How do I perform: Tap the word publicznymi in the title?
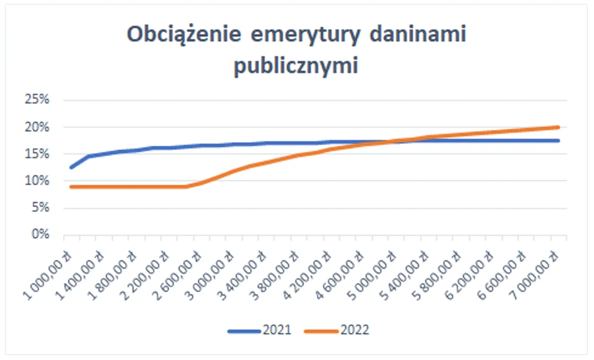(296, 66)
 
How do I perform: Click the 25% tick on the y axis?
(38, 100)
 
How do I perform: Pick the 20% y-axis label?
(38, 127)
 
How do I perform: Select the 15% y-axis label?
(38, 154)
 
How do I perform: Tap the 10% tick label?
(38, 181)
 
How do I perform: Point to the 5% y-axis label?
(40, 208)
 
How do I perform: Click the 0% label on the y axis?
(40, 234)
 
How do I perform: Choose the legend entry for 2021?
(260, 331)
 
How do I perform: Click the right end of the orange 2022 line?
(558, 127)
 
